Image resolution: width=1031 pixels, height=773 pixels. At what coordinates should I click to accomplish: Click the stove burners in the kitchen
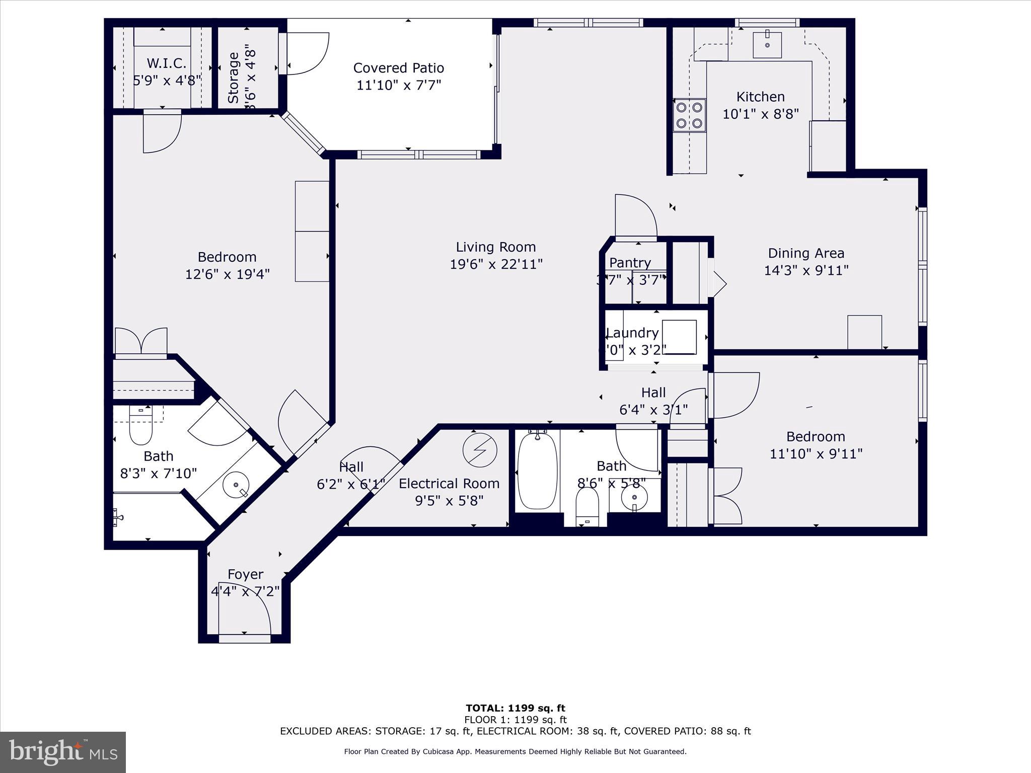[689, 115]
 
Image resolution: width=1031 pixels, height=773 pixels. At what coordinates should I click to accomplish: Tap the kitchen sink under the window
[767, 45]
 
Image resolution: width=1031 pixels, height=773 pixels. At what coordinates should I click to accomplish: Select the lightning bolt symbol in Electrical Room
[480, 450]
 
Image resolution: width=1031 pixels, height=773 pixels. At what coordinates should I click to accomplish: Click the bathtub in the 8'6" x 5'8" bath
[537, 470]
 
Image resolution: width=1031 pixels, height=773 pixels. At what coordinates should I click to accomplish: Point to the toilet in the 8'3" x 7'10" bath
[140, 427]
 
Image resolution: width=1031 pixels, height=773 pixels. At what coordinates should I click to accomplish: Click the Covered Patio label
[398, 68]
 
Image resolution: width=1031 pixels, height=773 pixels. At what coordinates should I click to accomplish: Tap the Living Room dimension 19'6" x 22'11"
[496, 264]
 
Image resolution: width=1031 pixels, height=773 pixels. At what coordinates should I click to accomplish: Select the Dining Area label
[805, 253]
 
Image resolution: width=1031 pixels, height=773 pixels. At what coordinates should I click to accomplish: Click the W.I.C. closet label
[167, 63]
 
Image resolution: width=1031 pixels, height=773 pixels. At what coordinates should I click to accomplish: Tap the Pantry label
[630, 263]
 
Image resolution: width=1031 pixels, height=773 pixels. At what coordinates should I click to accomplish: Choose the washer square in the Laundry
[679, 337]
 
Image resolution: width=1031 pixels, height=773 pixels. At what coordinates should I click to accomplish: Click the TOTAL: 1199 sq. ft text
[515, 709]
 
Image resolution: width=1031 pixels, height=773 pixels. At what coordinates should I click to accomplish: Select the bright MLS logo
[63, 752]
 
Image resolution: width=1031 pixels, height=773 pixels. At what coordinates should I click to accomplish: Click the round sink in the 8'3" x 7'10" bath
[236, 485]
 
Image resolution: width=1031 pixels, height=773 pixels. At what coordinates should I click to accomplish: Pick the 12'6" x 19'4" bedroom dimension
[227, 274]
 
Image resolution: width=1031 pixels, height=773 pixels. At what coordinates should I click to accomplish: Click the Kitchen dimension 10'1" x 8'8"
[760, 114]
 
